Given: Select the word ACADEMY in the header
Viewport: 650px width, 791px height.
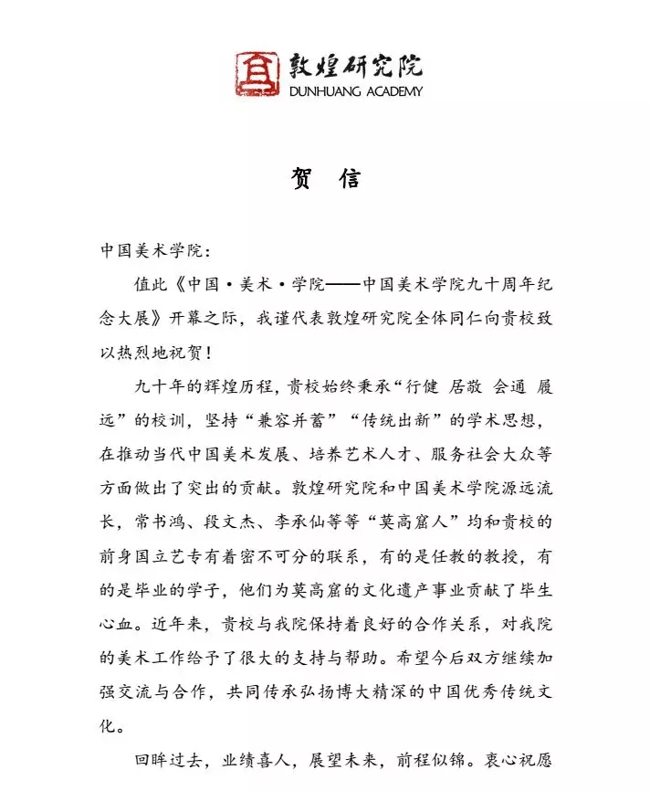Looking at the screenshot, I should (392, 91).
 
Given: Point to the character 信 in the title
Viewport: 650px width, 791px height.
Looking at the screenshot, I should (349, 179).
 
